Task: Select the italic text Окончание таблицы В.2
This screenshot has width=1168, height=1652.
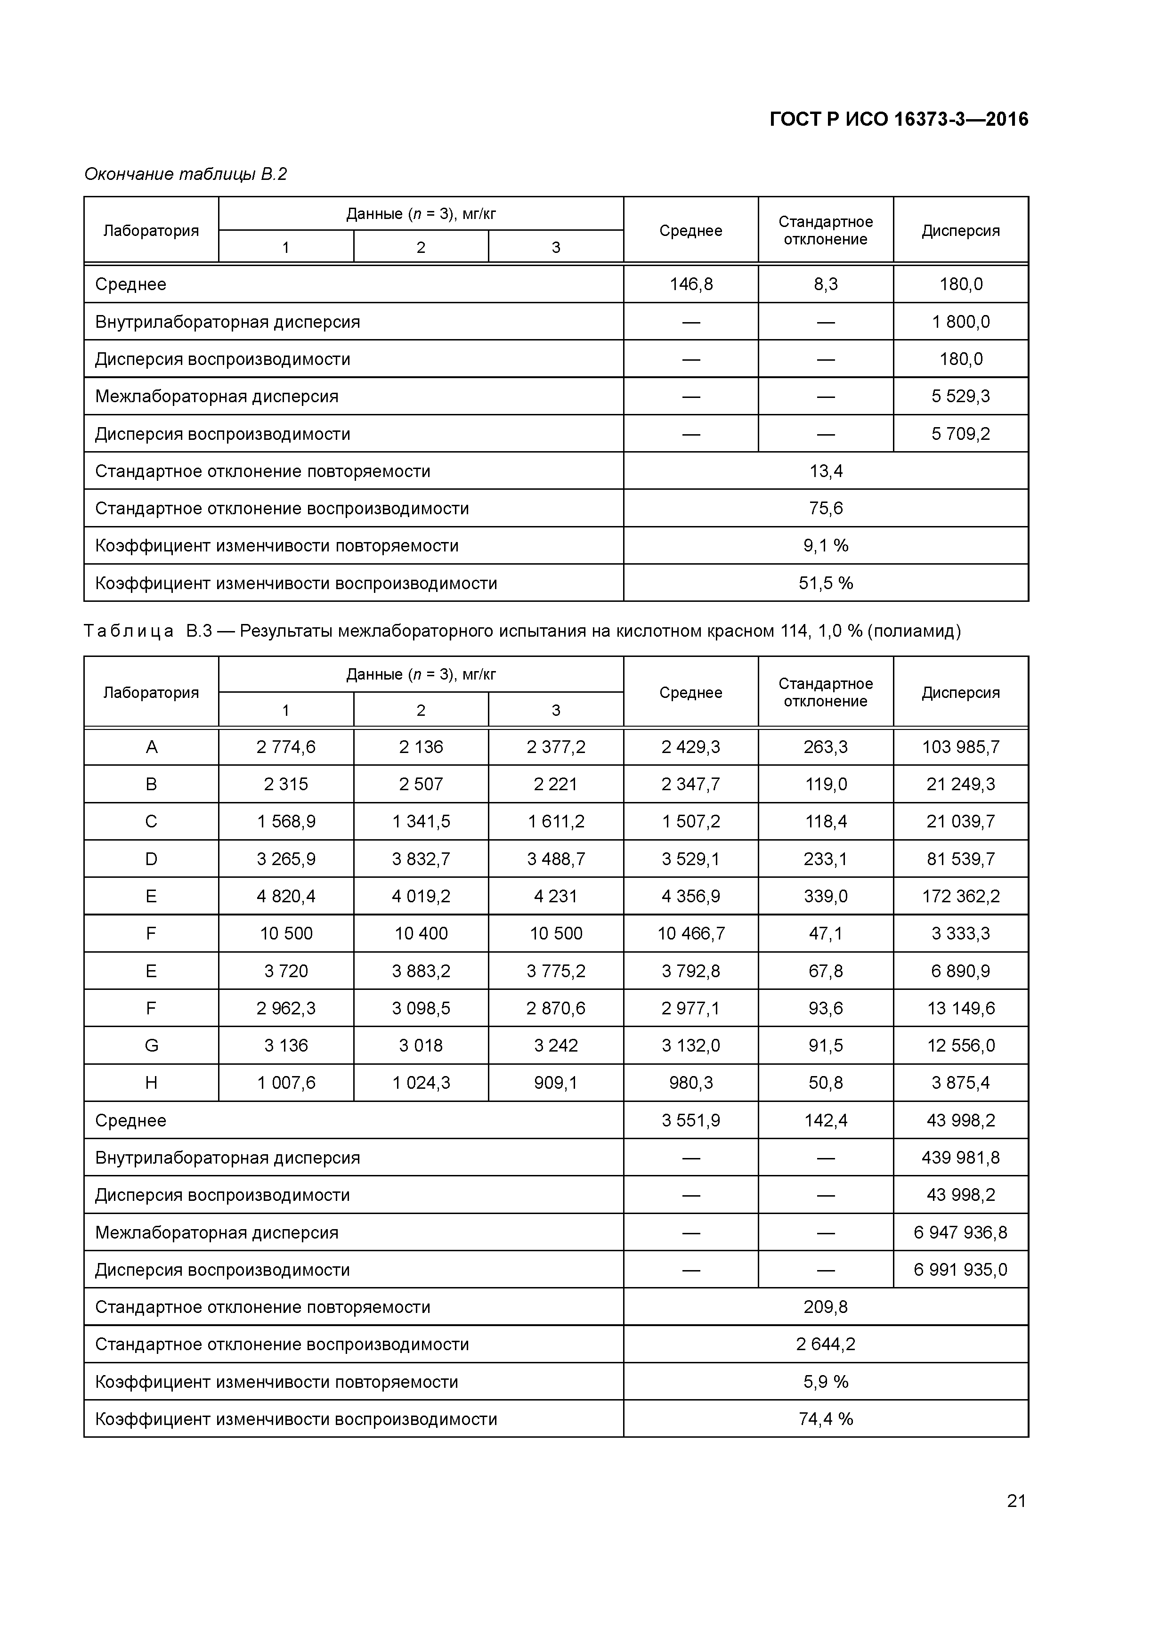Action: click(185, 174)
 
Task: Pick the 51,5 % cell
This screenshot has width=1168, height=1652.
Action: click(826, 583)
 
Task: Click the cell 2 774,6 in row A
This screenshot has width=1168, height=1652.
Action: click(286, 747)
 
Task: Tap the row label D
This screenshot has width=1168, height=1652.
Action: click(151, 859)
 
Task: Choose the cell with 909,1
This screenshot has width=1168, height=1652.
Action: click(556, 1083)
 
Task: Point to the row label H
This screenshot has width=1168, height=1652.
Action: click(151, 1083)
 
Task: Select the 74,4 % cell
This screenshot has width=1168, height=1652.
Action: click(826, 1419)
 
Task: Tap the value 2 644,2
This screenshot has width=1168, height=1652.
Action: click(826, 1344)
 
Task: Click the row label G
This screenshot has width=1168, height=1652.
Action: click(151, 1045)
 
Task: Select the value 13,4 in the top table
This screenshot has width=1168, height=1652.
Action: click(826, 471)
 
